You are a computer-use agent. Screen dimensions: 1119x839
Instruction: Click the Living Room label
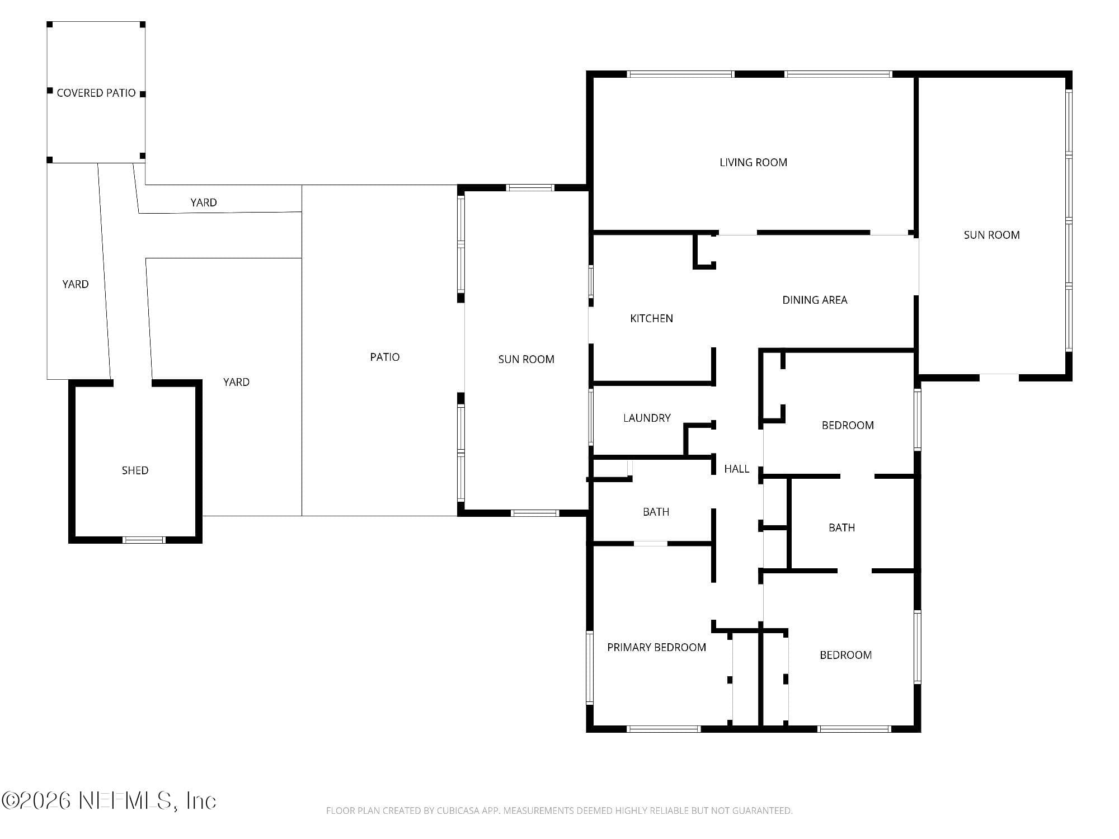pyautogui.click(x=753, y=163)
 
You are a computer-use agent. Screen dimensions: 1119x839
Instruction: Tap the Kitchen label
pyautogui.click(x=651, y=319)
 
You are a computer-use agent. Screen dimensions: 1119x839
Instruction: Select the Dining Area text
pyautogui.click(x=815, y=300)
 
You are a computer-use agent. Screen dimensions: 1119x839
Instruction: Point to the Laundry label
pyautogui.click(x=647, y=418)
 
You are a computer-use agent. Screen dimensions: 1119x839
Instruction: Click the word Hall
pyautogui.click(x=736, y=469)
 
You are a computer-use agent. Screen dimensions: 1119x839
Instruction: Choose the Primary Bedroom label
pyautogui.click(x=656, y=648)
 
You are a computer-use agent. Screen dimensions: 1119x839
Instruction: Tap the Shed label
pyautogui.click(x=135, y=471)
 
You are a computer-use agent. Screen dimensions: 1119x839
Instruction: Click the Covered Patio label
pyautogui.click(x=96, y=93)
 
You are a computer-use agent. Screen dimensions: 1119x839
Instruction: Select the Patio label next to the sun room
pyautogui.click(x=385, y=357)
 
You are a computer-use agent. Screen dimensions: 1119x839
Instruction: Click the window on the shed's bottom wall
pyautogui.click(x=144, y=540)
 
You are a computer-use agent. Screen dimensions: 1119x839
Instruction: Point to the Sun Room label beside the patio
pyautogui.click(x=526, y=360)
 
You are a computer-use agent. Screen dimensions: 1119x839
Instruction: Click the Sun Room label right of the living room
pyautogui.click(x=991, y=235)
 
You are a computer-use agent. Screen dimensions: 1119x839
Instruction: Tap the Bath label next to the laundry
pyautogui.click(x=656, y=512)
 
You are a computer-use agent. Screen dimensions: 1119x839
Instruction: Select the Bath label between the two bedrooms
pyautogui.click(x=841, y=528)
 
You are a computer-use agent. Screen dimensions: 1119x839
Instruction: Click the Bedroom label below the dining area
pyautogui.click(x=848, y=426)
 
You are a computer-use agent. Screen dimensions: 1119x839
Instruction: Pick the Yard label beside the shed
pyautogui.click(x=236, y=383)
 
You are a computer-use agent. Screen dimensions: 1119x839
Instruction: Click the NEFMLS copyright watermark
pyautogui.click(x=109, y=801)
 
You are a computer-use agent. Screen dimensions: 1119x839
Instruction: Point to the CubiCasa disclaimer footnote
pyautogui.click(x=559, y=810)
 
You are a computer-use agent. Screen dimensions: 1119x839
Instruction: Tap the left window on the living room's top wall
pyautogui.click(x=680, y=74)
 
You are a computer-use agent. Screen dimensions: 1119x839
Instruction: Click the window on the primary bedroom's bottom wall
pyautogui.click(x=664, y=729)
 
